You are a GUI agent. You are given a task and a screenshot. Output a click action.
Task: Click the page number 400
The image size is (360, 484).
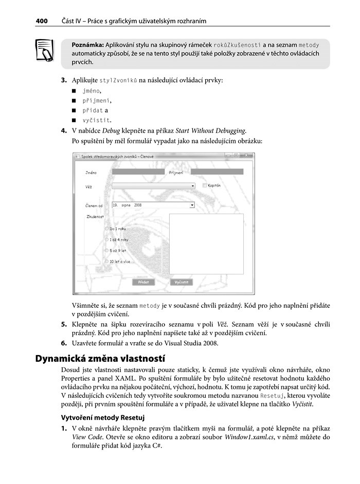coord(41,21)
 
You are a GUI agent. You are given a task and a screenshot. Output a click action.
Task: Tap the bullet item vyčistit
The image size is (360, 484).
coord(96,120)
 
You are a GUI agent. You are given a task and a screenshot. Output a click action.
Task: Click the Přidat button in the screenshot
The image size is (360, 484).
coord(143,282)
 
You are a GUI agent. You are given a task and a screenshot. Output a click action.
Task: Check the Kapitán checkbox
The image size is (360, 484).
coord(205,185)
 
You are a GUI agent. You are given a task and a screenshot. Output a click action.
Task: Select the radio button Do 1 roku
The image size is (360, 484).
coord(107,228)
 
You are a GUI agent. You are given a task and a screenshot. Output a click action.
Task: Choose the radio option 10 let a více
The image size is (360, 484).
coord(107,262)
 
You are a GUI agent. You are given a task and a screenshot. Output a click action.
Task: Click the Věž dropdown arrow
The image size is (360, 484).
coord(193,185)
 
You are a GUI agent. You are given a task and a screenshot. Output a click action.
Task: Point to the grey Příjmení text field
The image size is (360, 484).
coord(217,172)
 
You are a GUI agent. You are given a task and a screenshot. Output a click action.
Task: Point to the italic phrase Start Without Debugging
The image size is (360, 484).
coord(210,131)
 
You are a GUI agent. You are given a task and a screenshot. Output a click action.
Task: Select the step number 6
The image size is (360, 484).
coord(64,343)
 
